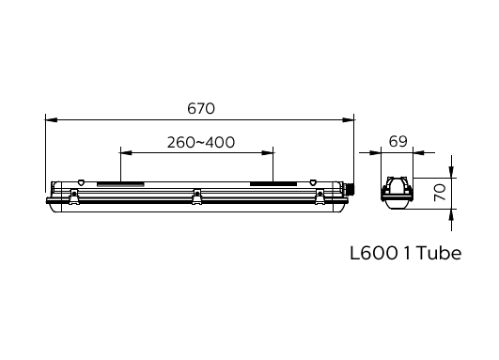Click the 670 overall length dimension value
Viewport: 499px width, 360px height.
(x=200, y=108)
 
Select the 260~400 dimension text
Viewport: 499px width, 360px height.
(x=200, y=143)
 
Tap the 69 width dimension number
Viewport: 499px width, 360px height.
(x=398, y=142)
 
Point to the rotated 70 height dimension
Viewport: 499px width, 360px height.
(x=439, y=195)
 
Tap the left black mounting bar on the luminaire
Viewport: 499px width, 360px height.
(x=122, y=184)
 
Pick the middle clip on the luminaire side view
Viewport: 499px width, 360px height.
(x=196, y=196)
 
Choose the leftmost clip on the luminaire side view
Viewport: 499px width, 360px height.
(x=72, y=196)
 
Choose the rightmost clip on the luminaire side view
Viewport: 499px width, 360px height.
(x=321, y=196)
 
